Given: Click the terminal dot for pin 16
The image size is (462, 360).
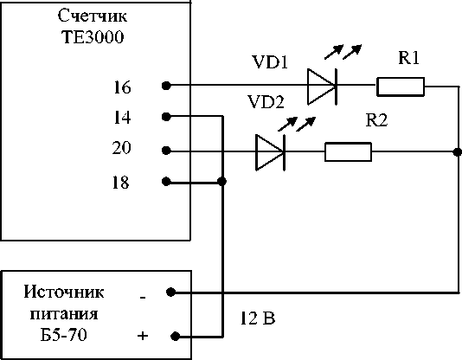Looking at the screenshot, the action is coord(166,86).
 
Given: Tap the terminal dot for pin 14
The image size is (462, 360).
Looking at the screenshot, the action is coord(166,117).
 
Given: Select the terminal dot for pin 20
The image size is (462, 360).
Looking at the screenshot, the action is coord(166,151).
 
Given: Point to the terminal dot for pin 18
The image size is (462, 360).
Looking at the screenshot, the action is coord(166,182).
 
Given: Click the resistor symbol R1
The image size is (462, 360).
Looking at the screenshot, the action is coord(401,87).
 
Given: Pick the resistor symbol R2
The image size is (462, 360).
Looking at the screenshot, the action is coord(348,151).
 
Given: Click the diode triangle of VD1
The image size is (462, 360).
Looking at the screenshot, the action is coord(322,87).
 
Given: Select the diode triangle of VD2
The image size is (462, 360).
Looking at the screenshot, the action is coord(270,152).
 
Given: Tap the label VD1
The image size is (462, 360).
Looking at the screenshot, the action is coord(270,62).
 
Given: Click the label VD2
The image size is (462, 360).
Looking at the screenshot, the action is coord(266,102).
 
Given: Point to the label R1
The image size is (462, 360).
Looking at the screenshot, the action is coord(408,57).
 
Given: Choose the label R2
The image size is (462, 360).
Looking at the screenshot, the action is coord(376,120).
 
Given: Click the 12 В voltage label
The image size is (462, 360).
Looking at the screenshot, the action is coord(258,318).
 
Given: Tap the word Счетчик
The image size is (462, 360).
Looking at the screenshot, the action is coord(93,16).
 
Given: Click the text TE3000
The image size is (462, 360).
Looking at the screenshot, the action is coord(93,37).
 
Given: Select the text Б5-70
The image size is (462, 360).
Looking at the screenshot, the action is coord(64,335).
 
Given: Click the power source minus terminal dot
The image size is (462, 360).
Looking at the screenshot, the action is coord(171,292).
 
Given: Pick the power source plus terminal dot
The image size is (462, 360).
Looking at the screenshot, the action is coord(176,336).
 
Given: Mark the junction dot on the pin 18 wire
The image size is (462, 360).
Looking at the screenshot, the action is coord(221,181).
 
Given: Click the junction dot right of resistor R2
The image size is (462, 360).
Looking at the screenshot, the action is coord(458,152).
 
